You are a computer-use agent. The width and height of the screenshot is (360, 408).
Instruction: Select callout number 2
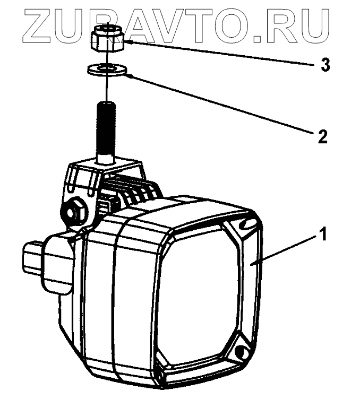click(322, 136)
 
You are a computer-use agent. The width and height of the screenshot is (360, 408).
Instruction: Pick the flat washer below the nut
click(107, 69)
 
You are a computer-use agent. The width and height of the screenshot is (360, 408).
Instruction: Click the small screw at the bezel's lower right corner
click(241, 351)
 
